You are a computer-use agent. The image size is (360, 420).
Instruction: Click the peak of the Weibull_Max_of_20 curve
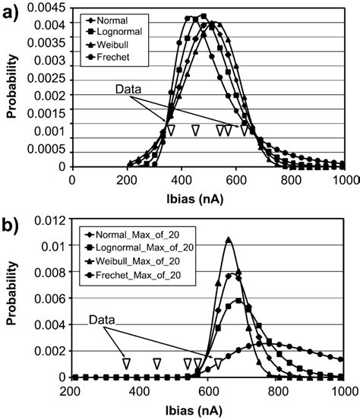tap(229, 239)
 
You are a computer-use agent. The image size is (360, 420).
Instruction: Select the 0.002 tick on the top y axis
tap(55, 96)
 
